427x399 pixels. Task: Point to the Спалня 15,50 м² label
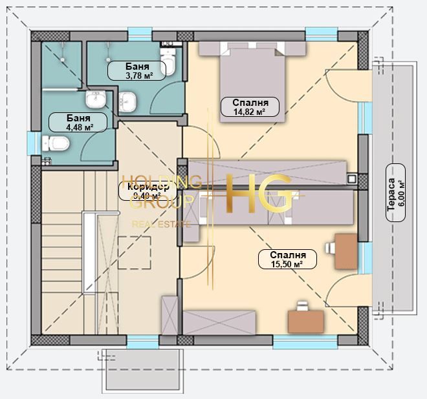point(287,259)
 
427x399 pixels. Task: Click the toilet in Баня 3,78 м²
point(169,61)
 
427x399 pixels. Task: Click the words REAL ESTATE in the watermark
point(161,224)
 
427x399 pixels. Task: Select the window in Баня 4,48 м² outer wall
point(31,142)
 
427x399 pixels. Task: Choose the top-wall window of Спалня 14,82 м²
point(321,33)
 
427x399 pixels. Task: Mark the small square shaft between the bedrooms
point(351,178)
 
